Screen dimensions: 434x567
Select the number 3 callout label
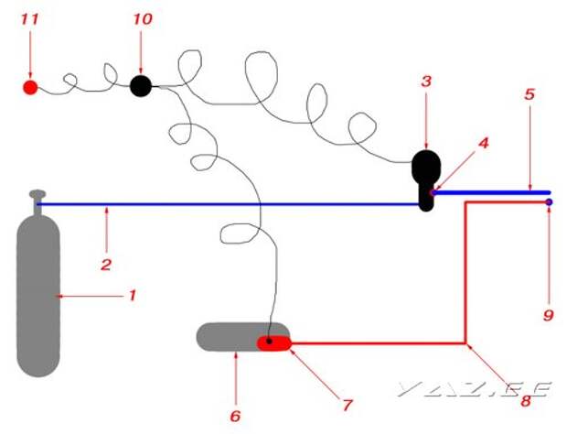[426, 81]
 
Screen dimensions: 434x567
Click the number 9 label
[548, 314]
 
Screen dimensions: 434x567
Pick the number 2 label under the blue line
[106, 265]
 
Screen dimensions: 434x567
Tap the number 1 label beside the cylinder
[132, 295]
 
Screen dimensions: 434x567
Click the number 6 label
[235, 416]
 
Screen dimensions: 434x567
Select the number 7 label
[347, 402]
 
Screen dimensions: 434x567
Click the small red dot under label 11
[30, 88]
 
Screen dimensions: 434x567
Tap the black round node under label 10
[141, 86]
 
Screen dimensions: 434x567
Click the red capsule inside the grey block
[274, 343]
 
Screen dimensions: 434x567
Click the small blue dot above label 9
[548, 202]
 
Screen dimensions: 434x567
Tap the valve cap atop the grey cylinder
[37, 194]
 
